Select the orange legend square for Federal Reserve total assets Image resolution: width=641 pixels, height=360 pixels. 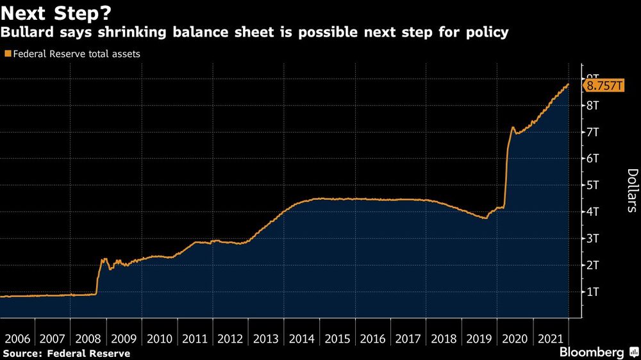coord(8,54)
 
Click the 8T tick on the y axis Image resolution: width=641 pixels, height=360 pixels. coord(592,105)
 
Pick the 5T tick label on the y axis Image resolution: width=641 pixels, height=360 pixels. coord(592,185)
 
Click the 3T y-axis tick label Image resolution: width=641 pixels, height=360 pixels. coord(592,238)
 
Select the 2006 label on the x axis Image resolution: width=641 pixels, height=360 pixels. coord(17,339)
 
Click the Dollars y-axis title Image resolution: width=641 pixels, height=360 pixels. coord(631,190)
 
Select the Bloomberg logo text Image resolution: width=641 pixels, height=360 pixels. coord(592,352)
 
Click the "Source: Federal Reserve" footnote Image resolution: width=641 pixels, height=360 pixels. coord(67,354)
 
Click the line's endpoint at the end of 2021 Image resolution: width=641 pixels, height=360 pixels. coord(568,85)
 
